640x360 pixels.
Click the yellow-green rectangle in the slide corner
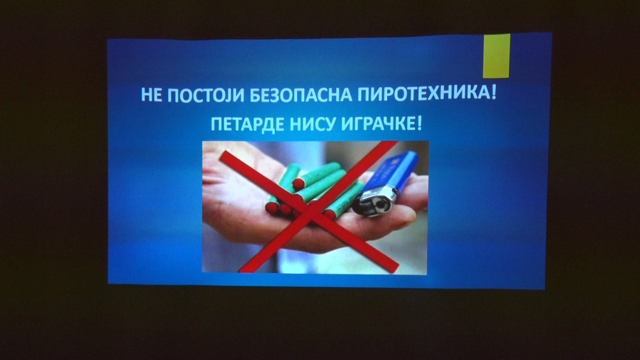497,56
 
